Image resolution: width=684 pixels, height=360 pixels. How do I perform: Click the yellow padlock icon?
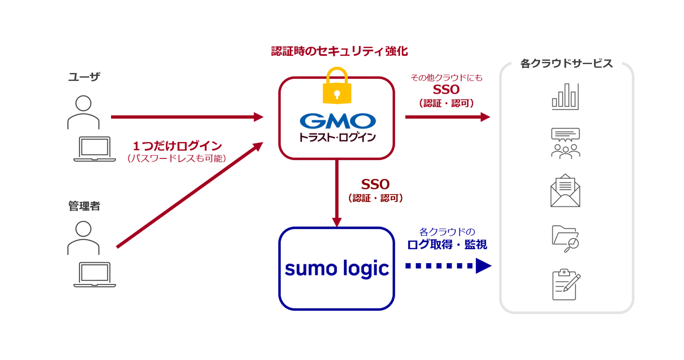337,86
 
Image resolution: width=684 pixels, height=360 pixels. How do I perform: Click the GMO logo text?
338,121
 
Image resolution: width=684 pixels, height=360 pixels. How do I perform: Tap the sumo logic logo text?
337,269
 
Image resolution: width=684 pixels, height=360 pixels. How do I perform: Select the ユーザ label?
84,77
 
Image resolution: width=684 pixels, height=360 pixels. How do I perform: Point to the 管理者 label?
84,206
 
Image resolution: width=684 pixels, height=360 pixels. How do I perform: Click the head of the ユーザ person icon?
83,103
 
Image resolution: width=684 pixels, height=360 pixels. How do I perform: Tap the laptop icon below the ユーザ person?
95,149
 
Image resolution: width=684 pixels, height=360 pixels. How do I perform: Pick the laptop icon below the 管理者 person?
95,274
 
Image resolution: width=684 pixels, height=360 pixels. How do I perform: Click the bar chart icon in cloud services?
565,96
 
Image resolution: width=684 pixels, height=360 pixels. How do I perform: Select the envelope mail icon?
565,191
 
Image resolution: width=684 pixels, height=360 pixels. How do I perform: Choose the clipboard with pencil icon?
567,284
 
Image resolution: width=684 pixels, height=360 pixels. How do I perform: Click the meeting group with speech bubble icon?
566,143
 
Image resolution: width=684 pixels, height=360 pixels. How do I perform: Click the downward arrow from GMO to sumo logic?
337,193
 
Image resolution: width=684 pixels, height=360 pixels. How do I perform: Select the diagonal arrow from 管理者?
189,195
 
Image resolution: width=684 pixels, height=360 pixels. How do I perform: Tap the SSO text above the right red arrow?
446,90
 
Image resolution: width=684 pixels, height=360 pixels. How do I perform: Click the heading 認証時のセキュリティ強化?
340,51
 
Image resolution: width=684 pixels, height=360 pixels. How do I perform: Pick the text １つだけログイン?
178,146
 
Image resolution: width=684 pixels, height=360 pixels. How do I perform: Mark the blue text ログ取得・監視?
447,245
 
